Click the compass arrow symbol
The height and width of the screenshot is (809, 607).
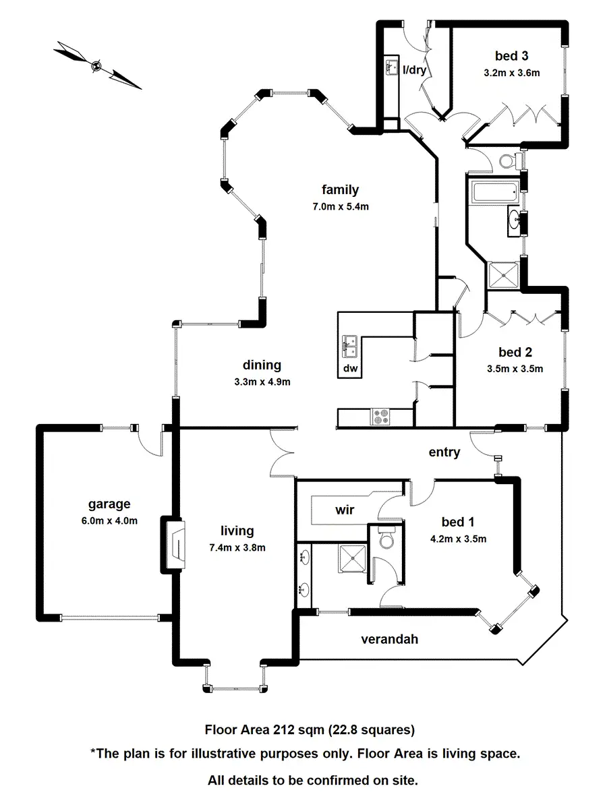pos(97,65)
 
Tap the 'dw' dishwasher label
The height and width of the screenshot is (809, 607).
pos(350,368)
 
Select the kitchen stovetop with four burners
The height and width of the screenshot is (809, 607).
pos(381,417)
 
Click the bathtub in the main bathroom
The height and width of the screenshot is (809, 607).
pos(495,193)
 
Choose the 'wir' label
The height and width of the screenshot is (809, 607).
pos(345,510)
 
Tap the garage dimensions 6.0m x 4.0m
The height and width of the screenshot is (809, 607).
pos(109,520)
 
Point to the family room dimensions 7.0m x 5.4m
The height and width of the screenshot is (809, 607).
pos(340,207)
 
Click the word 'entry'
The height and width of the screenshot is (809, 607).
pos(444,452)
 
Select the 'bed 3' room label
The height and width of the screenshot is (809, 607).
pos(507,57)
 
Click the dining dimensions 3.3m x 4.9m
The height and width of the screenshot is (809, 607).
pos(262,382)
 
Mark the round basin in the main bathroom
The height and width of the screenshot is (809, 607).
pos(516,220)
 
